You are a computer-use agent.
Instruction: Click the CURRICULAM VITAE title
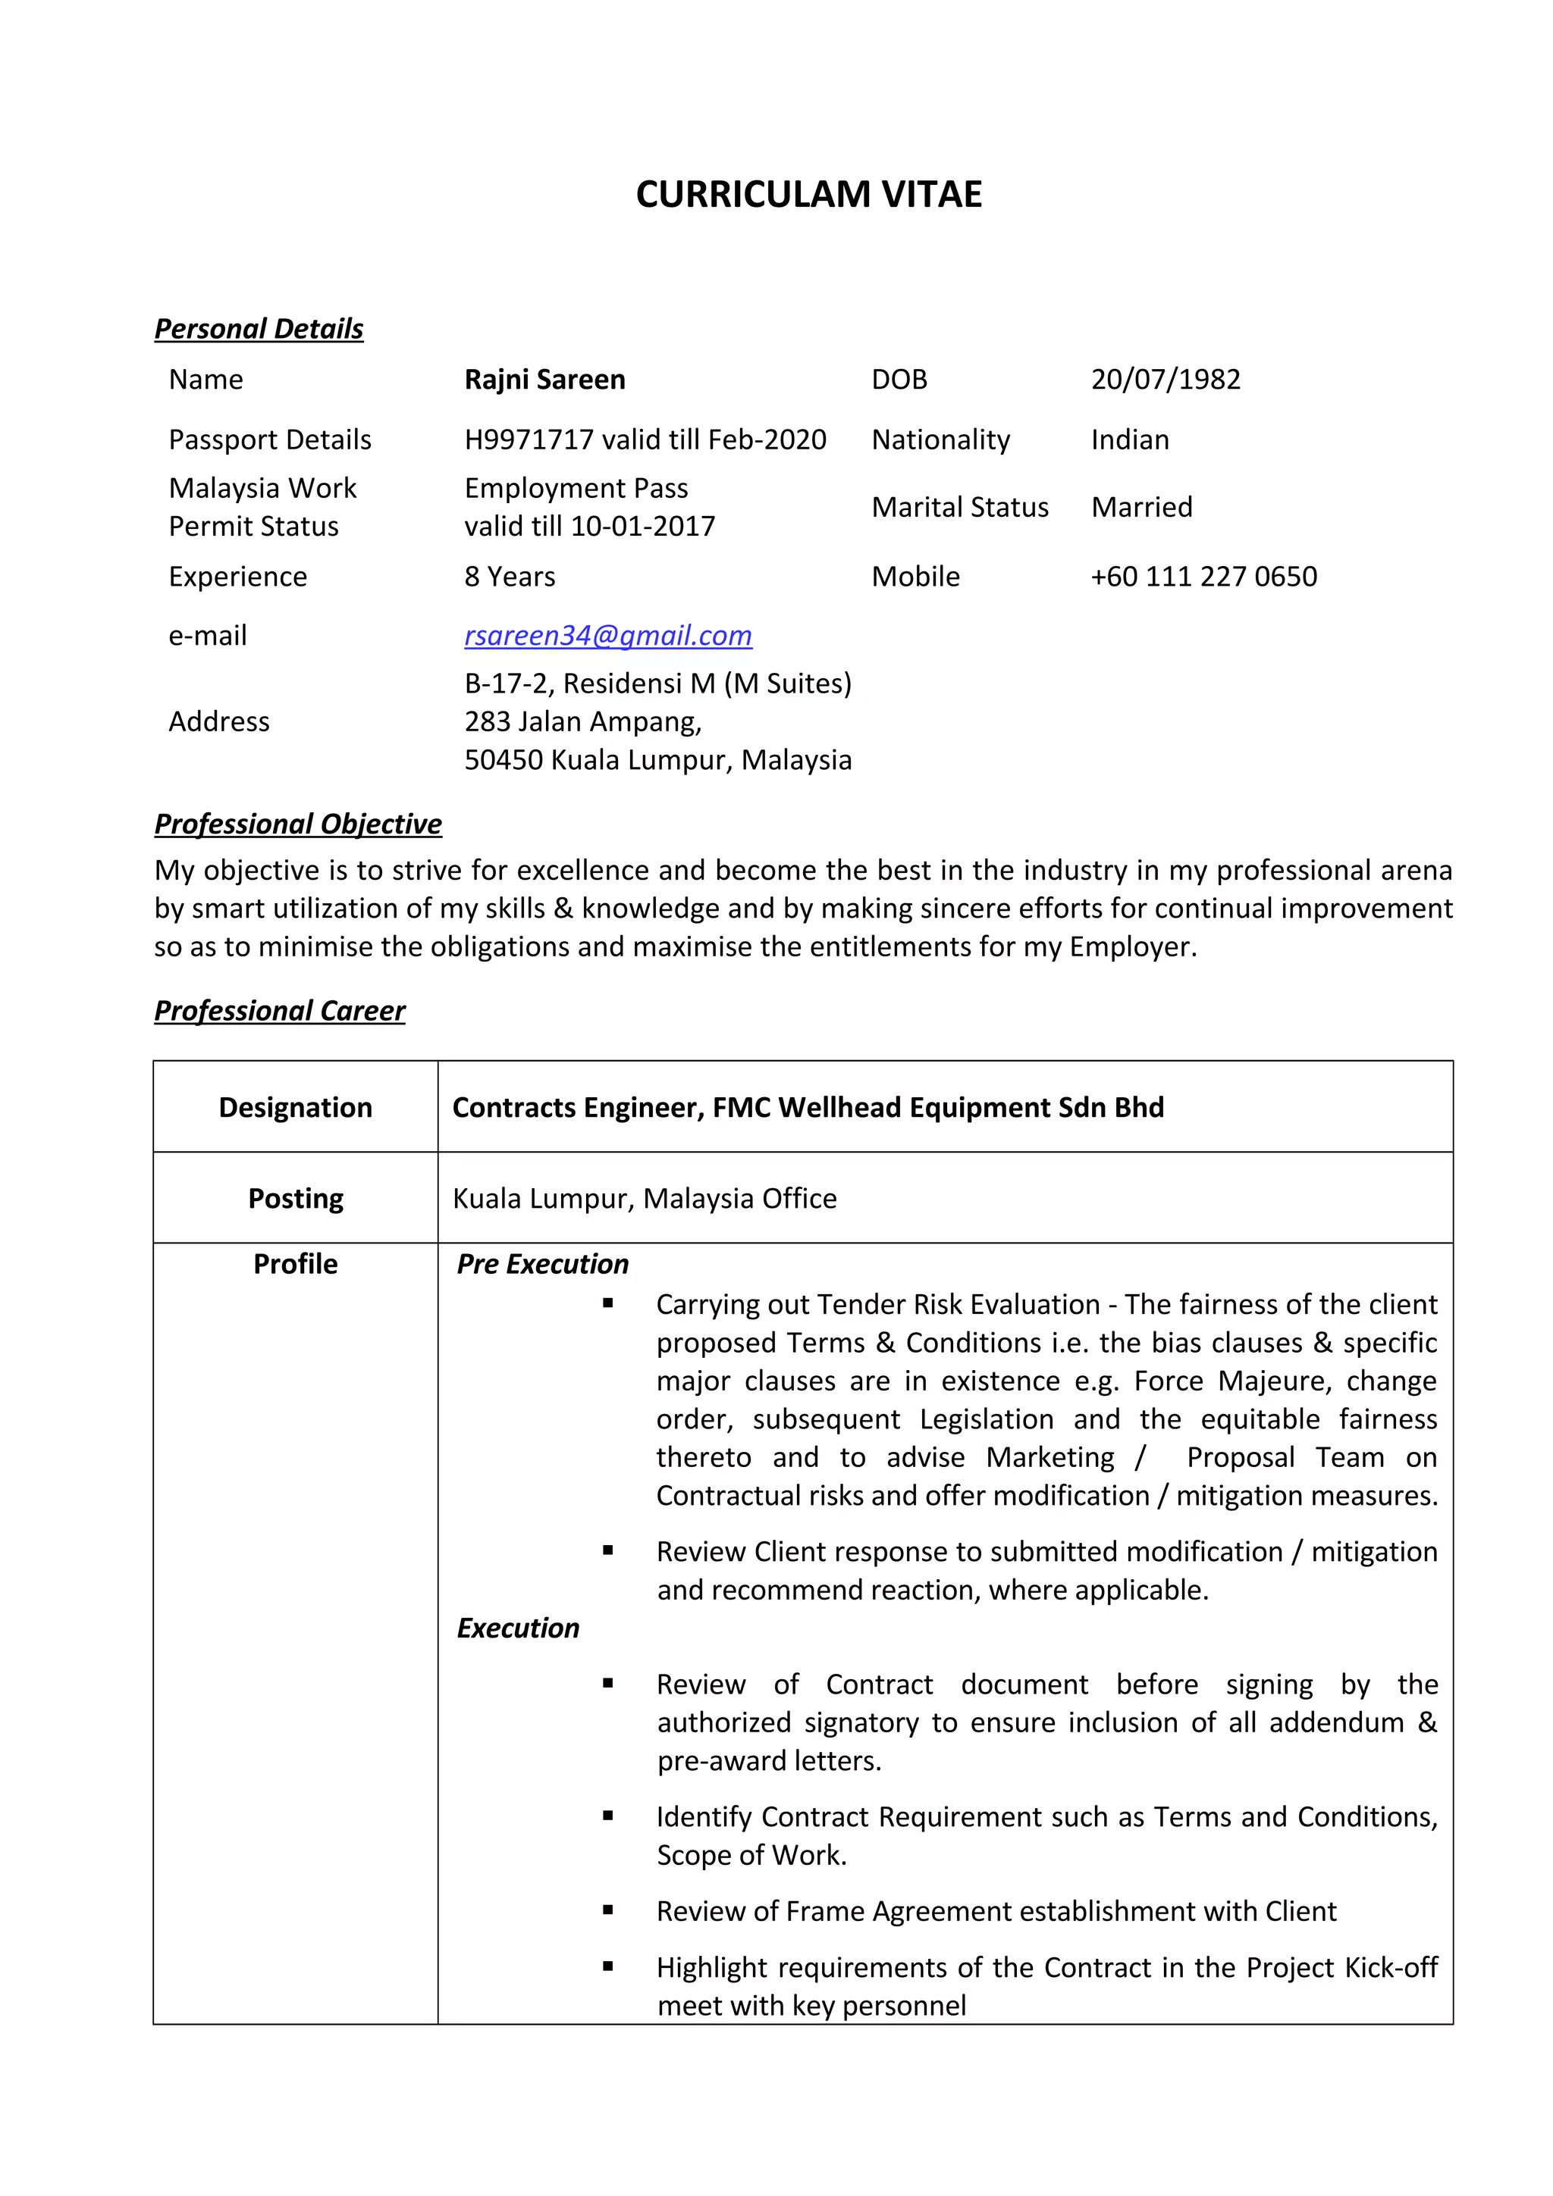click(808, 194)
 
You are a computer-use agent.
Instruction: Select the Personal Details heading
click(259, 328)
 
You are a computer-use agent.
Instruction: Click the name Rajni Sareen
click(544, 379)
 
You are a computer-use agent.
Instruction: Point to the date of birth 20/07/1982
click(1165, 379)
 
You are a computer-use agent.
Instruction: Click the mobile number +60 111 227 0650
click(1203, 576)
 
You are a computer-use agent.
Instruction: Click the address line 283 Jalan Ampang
click(582, 721)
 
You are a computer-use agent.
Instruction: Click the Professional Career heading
click(279, 1010)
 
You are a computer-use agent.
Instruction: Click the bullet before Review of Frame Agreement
click(607, 1910)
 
